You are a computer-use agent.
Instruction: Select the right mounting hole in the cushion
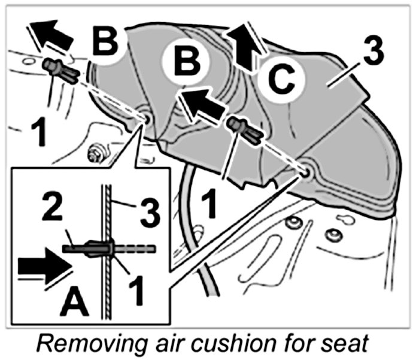click(x=307, y=171)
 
